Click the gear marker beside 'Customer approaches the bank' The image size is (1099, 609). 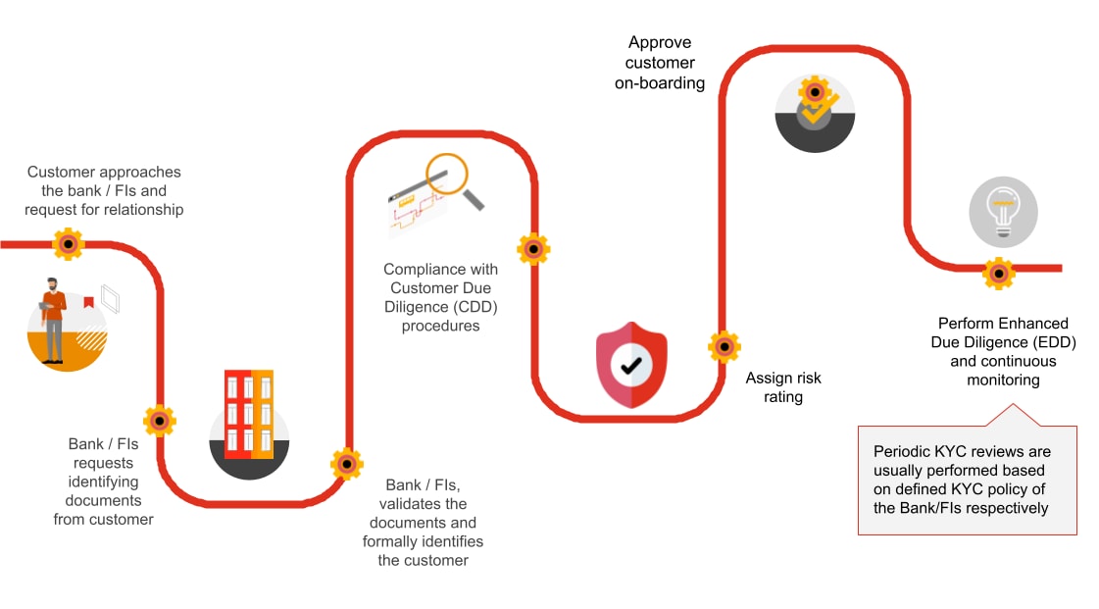[x=68, y=243]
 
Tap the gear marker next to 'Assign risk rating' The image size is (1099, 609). [x=724, y=346]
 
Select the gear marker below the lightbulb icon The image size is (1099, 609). [x=998, y=273]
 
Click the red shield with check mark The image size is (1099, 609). [x=631, y=365]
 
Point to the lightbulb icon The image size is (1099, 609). [x=1003, y=211]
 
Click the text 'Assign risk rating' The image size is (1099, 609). [x=783, y=387]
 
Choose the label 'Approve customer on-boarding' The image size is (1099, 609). [x=660, y=63]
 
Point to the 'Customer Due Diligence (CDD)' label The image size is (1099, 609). [x=440, y=297]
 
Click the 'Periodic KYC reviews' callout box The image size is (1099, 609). [x=967, y=480]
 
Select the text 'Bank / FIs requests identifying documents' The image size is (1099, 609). [x=103, y=482]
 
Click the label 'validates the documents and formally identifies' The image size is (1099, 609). [x=423, y=523]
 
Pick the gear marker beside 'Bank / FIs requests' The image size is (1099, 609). [x=160, y=421]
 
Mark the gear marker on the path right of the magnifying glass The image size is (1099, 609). [x=533, y=249]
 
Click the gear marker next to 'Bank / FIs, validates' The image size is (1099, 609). [x=347, y=463]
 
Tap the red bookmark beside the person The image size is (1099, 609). [x=88, y=303]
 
